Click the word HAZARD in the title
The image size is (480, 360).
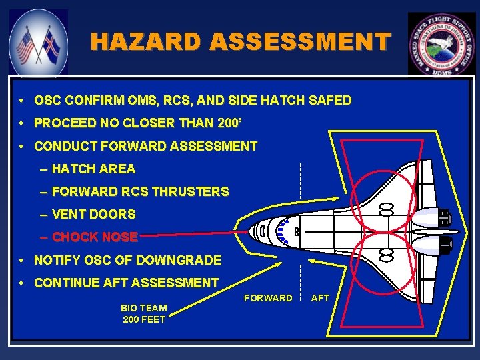[146, 42]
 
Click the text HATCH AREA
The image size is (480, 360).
[93, 169]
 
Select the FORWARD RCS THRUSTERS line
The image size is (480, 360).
[140, 192]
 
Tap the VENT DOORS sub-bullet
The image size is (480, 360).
[93, 215]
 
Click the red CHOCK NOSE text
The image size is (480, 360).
[95, 237]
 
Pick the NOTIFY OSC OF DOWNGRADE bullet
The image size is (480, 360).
[127, 260]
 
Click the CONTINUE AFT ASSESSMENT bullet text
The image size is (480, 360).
[126, 283]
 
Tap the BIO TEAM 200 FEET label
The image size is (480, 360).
[144, 313]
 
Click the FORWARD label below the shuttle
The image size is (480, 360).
[268, 298]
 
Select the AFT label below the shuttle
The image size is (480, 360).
[320, 298]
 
